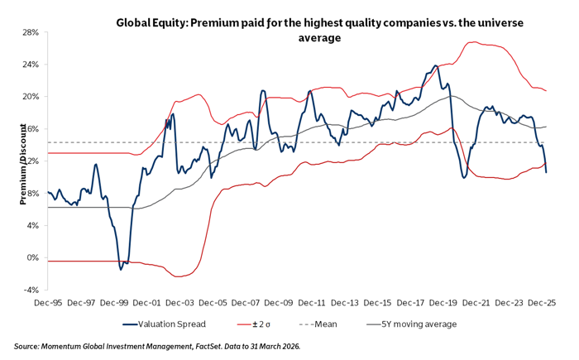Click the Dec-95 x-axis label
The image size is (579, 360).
pyautogui.click(x=48, y=304)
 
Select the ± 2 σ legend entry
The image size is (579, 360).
pyautogui.click(x=264, y=324)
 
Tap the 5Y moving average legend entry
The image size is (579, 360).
pyautogui.click(x=419, y=324)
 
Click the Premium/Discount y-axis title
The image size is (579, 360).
pyautogui.click(x=12, y=161)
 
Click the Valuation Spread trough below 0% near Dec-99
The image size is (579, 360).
pyautogui.click(x=121, y=268)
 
